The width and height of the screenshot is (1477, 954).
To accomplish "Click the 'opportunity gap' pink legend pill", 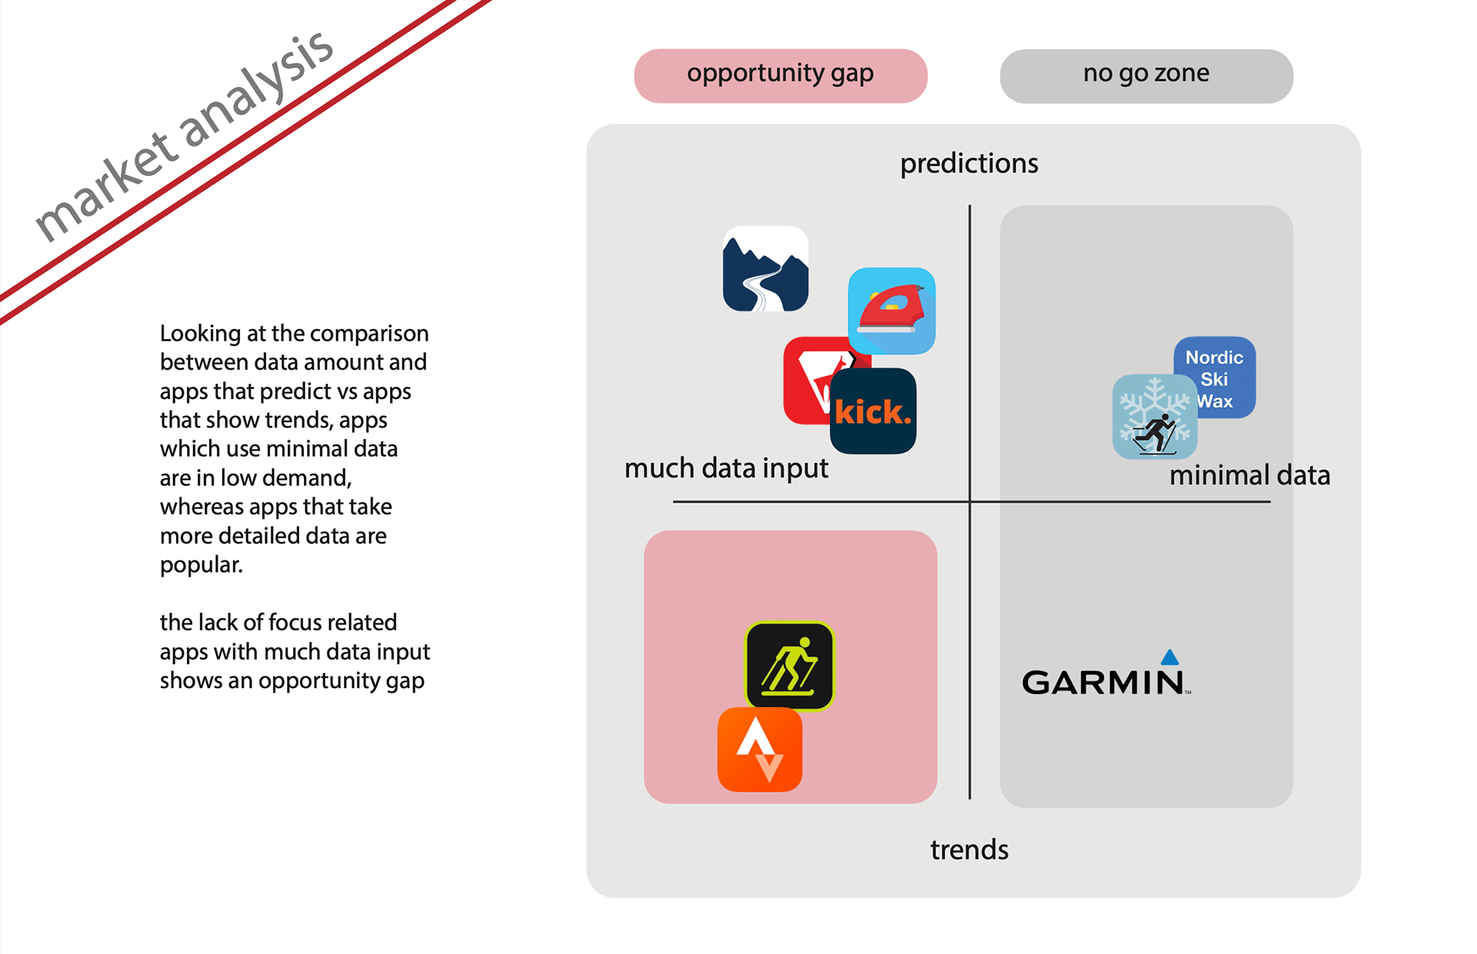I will tap(780, 75).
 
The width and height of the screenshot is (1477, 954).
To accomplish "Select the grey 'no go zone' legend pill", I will tap(1145, 75).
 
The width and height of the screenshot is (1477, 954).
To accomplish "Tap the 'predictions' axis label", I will tap(969, 164).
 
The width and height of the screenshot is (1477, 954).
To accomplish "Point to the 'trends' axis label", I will tap(969, 849).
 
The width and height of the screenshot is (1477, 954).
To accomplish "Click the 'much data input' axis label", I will tap(725, 468).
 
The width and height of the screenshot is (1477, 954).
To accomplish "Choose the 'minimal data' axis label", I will tap(1249, 475).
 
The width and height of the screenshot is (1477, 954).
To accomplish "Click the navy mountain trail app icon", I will tap(765, 268).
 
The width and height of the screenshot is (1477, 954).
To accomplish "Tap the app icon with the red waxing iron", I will tap(892, 311).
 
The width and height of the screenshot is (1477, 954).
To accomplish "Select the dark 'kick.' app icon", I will tap(873, 411).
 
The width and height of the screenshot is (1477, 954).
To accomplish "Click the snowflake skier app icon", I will tap(1154, 417).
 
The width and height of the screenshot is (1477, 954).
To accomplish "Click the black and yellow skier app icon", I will tap(789, 665).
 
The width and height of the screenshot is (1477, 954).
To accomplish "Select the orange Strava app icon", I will tap(759, 750).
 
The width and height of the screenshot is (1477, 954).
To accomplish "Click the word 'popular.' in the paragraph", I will tap(201, 565).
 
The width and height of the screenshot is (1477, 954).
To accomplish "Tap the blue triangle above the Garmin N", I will tap(1169, 656).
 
